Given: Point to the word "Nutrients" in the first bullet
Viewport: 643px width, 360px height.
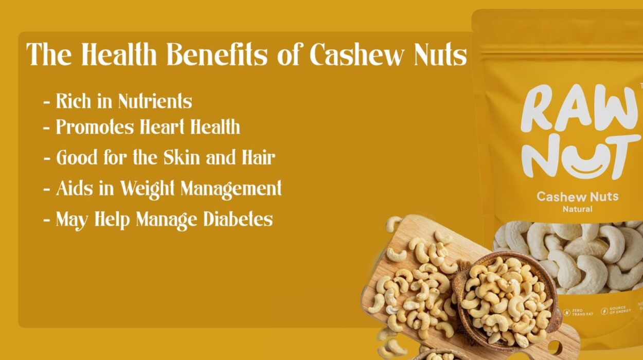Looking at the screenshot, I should [x=155, y=101].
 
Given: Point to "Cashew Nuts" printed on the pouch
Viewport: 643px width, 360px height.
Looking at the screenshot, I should [x=577, y=196].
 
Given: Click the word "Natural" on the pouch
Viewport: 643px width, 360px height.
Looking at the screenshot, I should [x=577, y=209].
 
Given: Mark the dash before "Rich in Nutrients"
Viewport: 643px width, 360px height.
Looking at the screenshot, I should [x=47, y=102].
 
